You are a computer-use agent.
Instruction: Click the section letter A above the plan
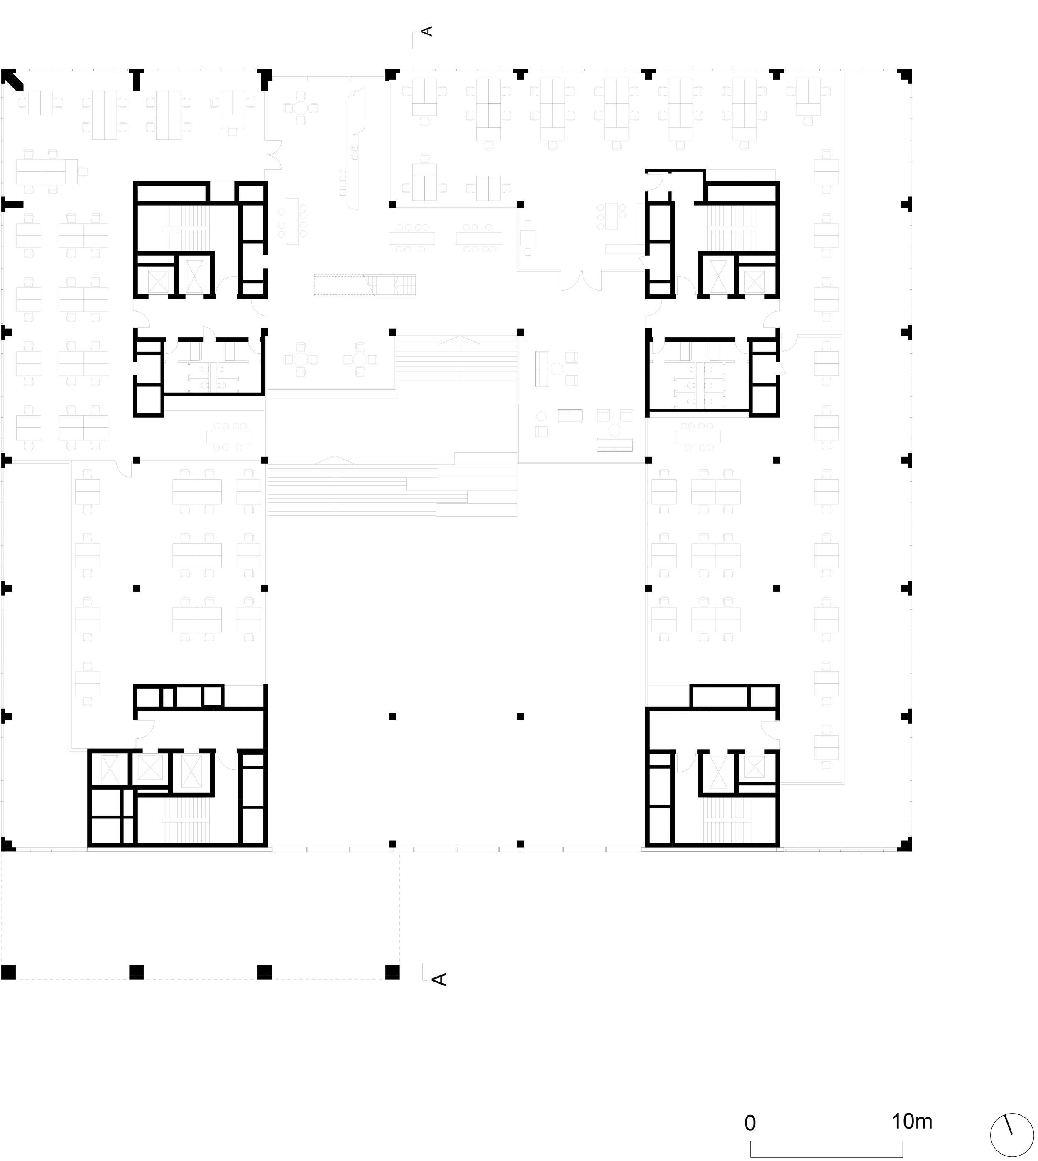point(427,31)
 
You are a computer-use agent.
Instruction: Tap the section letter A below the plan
point(439,979)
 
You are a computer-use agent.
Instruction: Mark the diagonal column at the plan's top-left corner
point(12,79)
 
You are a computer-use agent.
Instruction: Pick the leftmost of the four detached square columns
point(9,972)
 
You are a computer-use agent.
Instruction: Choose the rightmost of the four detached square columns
point(392,972)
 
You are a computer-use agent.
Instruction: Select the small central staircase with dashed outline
point(365,285)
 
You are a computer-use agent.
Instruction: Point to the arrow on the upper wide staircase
point(457,340)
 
